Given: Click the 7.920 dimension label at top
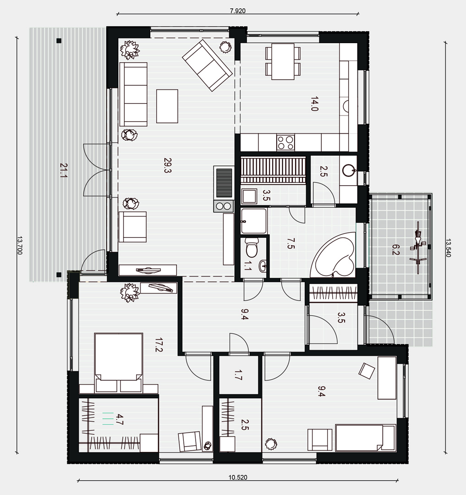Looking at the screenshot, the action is click(237, 11).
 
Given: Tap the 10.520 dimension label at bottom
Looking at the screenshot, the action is click(238, 477).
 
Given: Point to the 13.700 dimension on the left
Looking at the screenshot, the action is click(20, 245).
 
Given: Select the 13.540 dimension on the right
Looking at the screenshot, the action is click(448, 247).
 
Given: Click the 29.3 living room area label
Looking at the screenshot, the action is click(167, 165).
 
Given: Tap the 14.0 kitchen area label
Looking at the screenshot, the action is click(314, 104).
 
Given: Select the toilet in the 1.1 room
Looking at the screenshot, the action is click(252, 247).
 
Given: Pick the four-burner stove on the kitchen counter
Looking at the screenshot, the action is click(285, 143).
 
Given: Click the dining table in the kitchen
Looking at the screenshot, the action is click(283, 61).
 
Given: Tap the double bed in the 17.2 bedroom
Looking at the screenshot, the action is click(118, 363).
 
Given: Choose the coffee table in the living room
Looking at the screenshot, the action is click(167, 106).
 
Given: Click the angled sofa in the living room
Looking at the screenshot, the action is click(207, 66).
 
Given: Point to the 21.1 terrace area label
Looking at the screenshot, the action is click(63, 170).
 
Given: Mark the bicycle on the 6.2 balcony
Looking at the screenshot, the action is click(418, 247).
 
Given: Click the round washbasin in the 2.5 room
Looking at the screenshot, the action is click(349, 170).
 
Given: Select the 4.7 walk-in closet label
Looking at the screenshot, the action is click(119, 419).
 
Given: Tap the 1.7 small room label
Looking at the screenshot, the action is click(238, 375).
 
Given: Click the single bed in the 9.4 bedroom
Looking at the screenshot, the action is click(365, 438).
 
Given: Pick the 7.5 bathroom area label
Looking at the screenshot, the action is click(291, 243).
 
